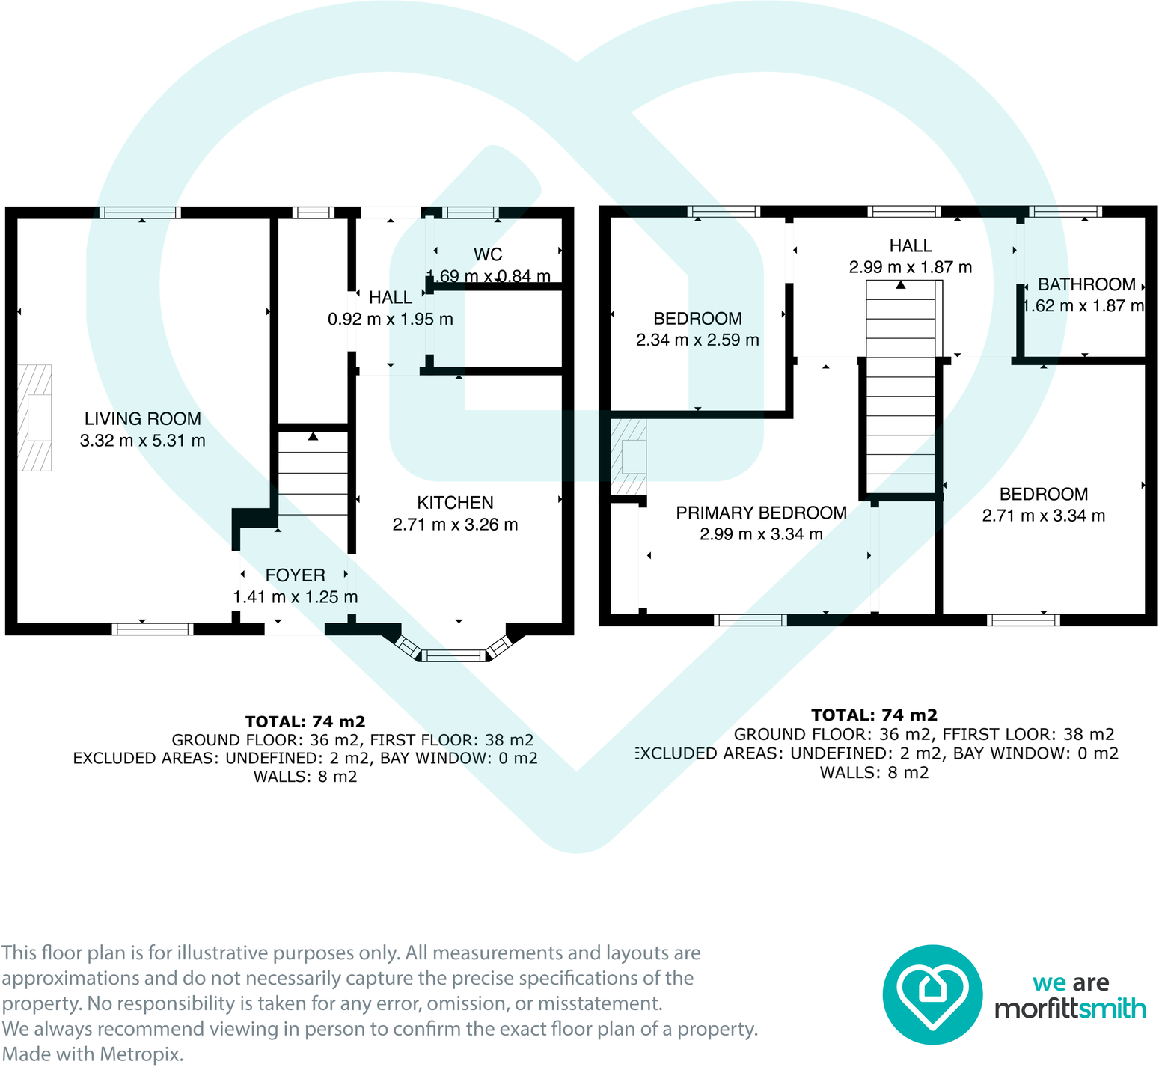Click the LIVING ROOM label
(x=142, y=419)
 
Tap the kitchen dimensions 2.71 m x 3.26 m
(x=455, y=525)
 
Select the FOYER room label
(x=295, y=575)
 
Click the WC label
(x=488, y=254)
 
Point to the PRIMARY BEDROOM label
(x=761, y=513)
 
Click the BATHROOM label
(x=1086, y=284)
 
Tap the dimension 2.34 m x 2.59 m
(x=697, y=340)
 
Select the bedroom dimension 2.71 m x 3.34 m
(x=1043, y=516)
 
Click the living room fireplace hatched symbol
(x=35, y=418)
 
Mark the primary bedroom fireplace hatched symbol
(x=629, y=456)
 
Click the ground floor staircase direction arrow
(x=313, y=436)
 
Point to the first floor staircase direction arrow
(x=901, y=285)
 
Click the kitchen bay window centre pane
(x=453, y=656)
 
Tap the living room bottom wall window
(x=153, y=629)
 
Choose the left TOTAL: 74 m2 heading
(x=305, y=721)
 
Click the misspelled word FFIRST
(x=970, y=734)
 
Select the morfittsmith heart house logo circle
(x=932, y=994)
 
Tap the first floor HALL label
(x=910, y=245)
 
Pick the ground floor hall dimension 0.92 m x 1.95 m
(x=390, y=320)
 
